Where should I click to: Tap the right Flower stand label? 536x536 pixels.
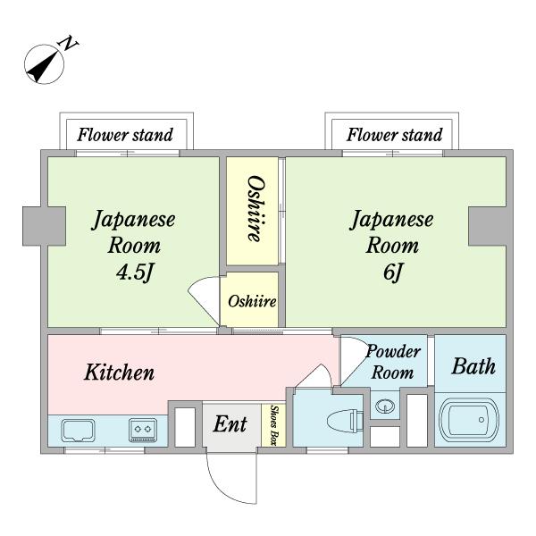click(394, 136)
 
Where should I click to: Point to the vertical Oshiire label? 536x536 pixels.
click(253, 210)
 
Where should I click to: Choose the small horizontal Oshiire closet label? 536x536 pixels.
click(251, 301)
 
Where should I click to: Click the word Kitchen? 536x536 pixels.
click(120, 373)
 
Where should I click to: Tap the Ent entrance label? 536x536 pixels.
click(230, 424)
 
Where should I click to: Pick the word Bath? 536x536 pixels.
click(472, 366)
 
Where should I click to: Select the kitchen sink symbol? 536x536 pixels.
click(79, 430)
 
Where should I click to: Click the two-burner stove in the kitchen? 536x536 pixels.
click(142, 430)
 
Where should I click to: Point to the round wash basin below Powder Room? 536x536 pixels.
click(385, 406)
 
